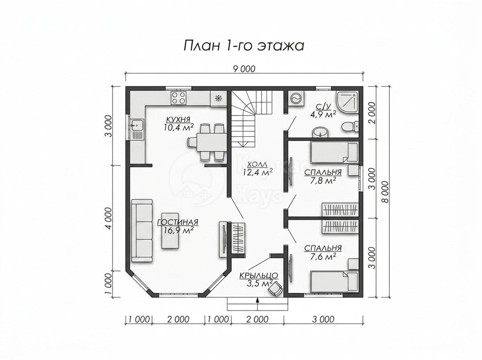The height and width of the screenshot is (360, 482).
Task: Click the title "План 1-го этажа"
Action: tap(244, 46)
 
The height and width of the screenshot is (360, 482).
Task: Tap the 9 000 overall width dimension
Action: tap(244, 69)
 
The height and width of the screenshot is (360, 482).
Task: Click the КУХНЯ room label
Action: tap(178, 119)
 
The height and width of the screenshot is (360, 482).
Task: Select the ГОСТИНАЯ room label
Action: tap(178, 222)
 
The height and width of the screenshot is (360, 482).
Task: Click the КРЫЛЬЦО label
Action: tap(259, 275)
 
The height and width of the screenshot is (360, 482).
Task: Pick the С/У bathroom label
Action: tap(323, 107)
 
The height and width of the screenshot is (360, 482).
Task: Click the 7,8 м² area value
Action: tap(323, 181)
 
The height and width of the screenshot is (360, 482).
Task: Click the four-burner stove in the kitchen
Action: tap(178, 98)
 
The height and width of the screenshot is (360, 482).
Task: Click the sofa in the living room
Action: tap(142, 230)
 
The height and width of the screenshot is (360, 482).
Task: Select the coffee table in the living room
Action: tap(170, 230)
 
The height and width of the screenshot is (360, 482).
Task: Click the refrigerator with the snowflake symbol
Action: tap(218, 99)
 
